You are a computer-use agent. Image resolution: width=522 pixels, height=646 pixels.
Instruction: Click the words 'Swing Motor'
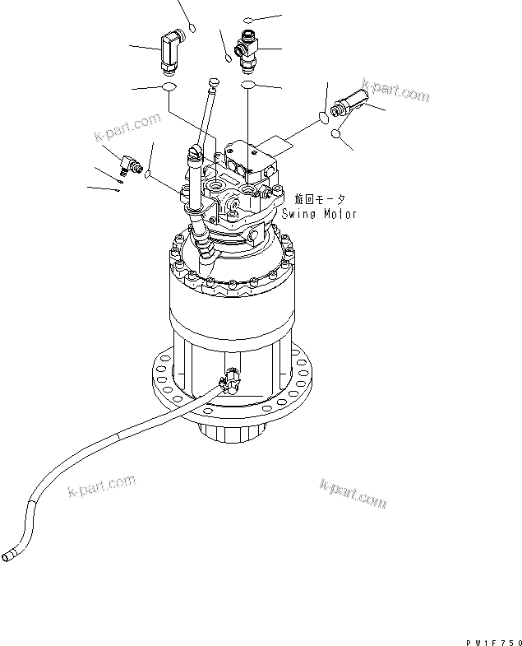tap(319, 213)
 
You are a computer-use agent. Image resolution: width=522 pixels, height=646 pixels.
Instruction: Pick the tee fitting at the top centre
tap(247, 46)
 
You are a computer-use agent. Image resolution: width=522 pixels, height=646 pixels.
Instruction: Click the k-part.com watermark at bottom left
tap(100, 488)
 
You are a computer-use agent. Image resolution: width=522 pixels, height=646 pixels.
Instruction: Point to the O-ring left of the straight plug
tap(323, 116)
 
